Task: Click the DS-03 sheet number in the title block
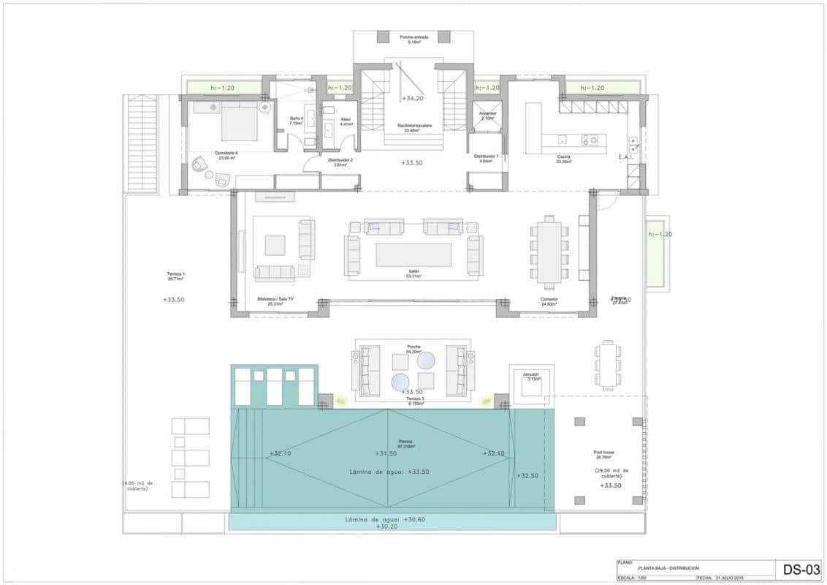coord(800,569)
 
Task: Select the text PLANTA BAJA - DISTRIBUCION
coord(668,568)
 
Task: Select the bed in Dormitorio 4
coord(239,121)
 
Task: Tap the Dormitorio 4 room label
coord(226,155)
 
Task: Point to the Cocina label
coord(563,159)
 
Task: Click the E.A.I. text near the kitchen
coord(626,157)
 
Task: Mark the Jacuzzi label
coord(530,375)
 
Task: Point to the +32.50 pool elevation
coord(527,475)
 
